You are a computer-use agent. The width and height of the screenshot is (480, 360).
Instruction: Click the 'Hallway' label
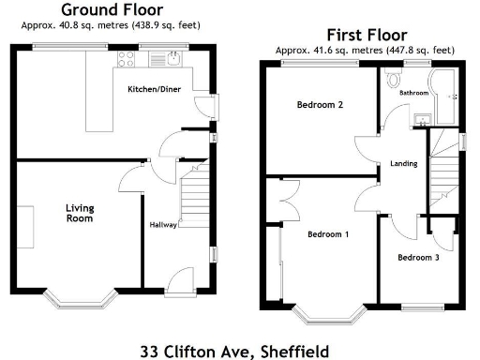(163, 225)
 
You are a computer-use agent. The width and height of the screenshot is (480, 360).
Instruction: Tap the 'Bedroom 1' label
(328, 234)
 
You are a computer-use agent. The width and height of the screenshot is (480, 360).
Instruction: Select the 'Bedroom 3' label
(417, 257)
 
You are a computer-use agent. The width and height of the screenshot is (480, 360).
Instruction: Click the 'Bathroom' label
(413, 93)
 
